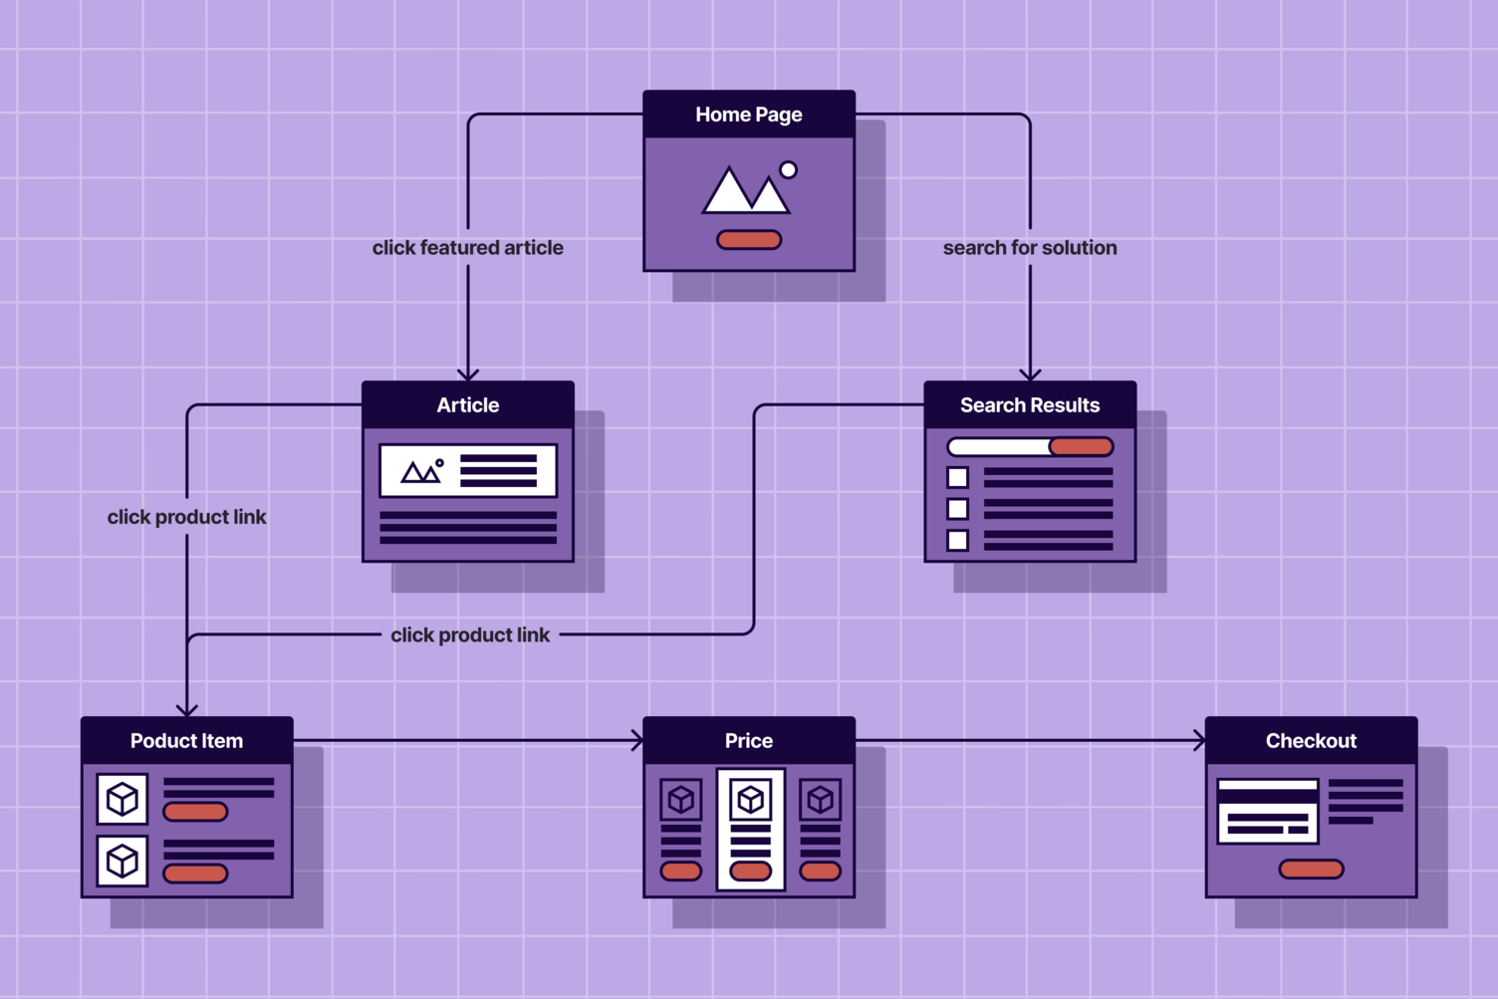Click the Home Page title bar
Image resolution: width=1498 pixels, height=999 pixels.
pyautogui.click(x=749, y=115)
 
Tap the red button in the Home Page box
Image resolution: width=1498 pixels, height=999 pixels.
pyautogui.click(x=749, y=240)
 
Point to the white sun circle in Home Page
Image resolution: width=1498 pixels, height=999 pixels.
pyautogui.click(x=788, y=170)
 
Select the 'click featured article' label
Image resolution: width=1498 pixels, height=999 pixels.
pyautogui.click(x=467, y=248)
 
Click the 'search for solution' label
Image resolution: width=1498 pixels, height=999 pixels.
pyautogui.click(x=1030, y=248)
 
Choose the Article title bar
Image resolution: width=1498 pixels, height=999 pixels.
pyautogui.click(x=468, y=405)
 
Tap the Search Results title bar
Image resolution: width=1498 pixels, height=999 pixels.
pyautogui.click(x=1030, y=405)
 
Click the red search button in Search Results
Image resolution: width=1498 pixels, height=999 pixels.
pyautogui.click(x=1082, y=447)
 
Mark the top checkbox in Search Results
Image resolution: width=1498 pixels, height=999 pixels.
pyautogui.click(x=957, y=478)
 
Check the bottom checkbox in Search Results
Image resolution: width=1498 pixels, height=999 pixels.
pyautogui.click(x=957, y=541)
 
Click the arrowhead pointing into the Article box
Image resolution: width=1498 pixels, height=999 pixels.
pyautogui.click(x=468, y=375)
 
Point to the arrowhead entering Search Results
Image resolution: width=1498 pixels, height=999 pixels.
pyautogui.click(x=1030, y=375)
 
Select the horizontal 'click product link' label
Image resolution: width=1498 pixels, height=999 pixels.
pyautogui.click(x=470, y=635)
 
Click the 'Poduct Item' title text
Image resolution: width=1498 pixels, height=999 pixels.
pyautogui.click(x=186, y=741)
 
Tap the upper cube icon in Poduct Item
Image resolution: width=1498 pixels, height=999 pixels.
pyautogui.click(x=123, y=799)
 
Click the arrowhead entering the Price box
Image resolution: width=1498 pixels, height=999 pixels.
pyautogui.click(x=637, y=740)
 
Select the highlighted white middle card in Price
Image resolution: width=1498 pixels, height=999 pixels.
pyautogui.click(x=750, y=829)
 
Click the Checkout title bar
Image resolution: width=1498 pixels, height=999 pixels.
pyautogui.click(x=1311, y=741)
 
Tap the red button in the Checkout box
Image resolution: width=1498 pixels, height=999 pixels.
pyautogui.click(x=1311, y=870)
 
